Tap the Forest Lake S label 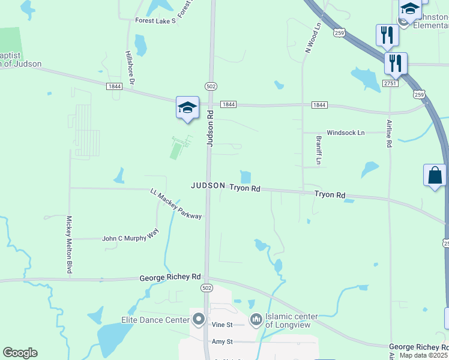coord(155,21)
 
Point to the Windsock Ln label coord(345,133)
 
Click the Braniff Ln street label coord(319,151)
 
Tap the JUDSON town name coord(208,186)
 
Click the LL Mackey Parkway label coord(176,204)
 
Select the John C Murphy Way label coord(131,238)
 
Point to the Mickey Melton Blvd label coord(70,245)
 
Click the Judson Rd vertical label coord(210,128)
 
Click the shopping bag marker coord(435,175)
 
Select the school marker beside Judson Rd coord(187,107)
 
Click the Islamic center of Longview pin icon coord(256,319)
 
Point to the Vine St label coord(222,325)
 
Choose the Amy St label coord(222,341)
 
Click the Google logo coord(20,353)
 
